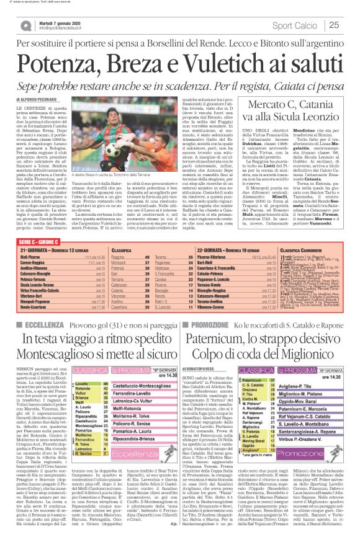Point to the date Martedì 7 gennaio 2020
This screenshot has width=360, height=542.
(58, 21)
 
